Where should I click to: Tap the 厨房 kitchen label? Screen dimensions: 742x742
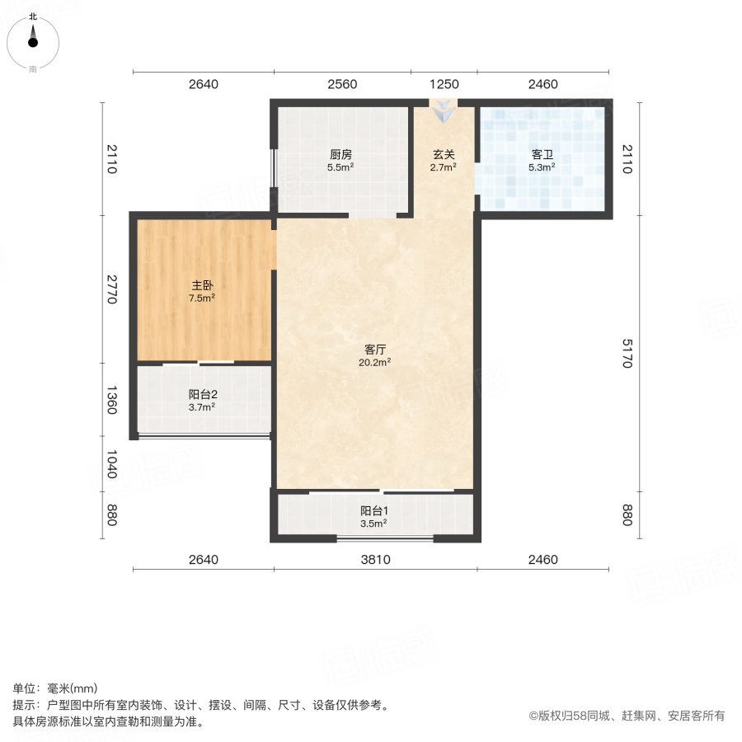(340, 154)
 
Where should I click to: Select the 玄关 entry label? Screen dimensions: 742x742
(444, 154)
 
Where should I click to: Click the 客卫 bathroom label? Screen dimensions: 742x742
(542, 154)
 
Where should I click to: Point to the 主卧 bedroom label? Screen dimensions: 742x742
(202, 285)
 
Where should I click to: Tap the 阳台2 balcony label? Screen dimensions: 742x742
(202, 394)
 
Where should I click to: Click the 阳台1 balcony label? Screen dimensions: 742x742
(373, 510)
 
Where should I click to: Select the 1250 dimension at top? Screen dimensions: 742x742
(444, 84)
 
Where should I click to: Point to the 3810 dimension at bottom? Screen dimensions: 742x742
(375, 560)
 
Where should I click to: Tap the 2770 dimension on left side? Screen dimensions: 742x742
(113, 289)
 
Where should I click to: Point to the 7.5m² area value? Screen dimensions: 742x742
(202, 298)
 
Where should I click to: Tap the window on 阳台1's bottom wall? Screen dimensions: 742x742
(385, 539)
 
